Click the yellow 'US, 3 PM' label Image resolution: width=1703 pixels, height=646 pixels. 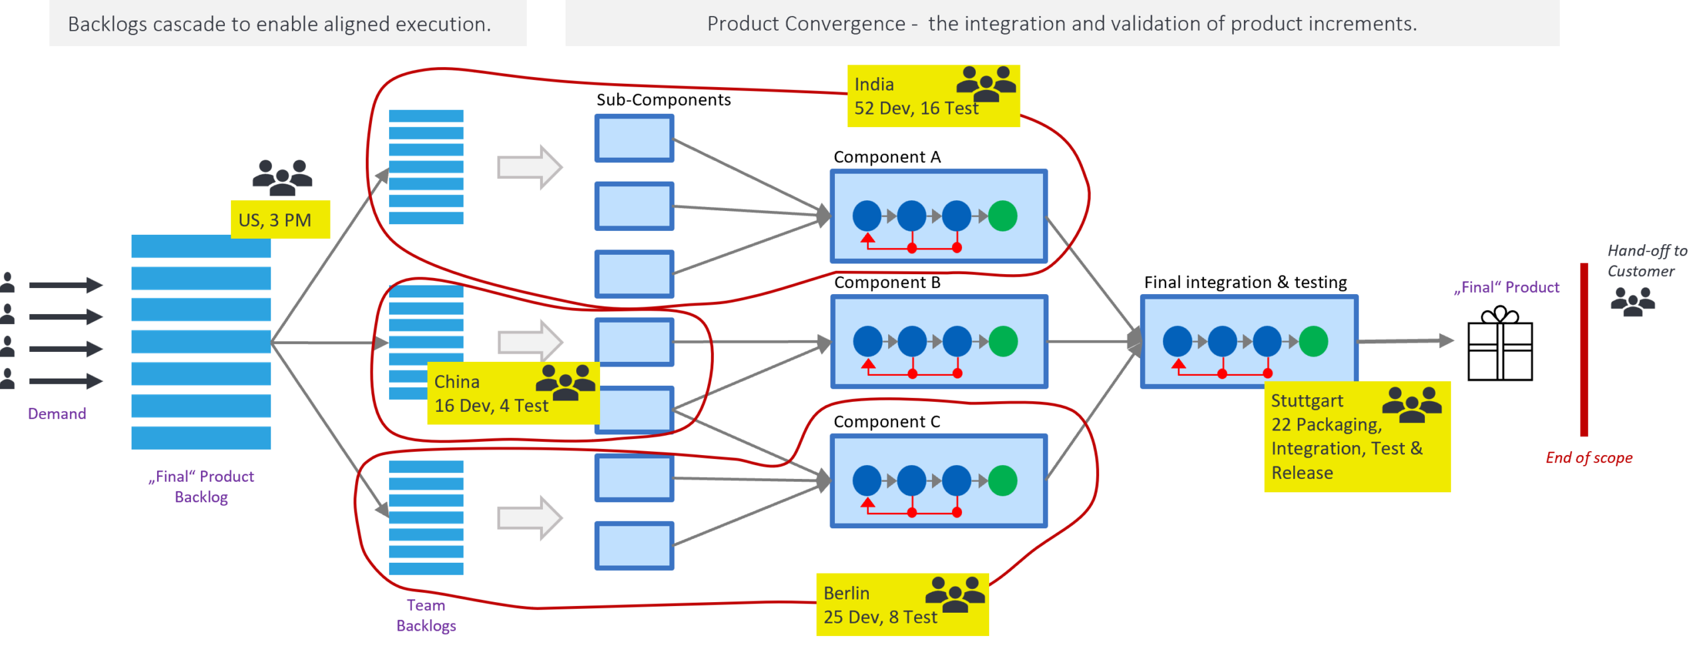(280, 220)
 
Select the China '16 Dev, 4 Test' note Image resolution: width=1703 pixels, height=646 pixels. (513, 393)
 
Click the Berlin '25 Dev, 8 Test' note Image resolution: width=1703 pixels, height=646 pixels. (902, 605)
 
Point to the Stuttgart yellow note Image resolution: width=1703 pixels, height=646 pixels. (1356, 437)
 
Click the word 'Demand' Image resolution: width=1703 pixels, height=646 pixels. (57, 414)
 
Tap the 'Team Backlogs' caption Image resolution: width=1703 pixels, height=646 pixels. (426, 615)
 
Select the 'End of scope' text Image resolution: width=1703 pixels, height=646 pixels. (1589, 458)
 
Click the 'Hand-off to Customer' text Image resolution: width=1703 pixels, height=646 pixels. (1646, 261)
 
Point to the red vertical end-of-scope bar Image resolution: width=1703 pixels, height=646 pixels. (1584, 349)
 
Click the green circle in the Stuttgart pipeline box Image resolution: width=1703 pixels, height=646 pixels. (1313, 341)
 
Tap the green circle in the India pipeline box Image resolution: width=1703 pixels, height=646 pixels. (1003, 216)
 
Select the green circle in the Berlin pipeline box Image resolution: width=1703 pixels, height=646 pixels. (1003, 480)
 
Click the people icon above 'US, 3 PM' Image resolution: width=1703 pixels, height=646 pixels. (282, 178)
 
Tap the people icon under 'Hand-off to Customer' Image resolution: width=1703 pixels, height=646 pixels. (1632, 302)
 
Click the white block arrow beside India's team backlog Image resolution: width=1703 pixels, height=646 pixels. (530, 167)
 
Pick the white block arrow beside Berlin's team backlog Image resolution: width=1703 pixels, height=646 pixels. (530, 518)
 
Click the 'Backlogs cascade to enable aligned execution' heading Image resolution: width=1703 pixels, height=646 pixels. (279, 24)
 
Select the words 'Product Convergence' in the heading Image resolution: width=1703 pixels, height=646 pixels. (806, 24)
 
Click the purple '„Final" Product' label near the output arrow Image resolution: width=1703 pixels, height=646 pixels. (1507, 287)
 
